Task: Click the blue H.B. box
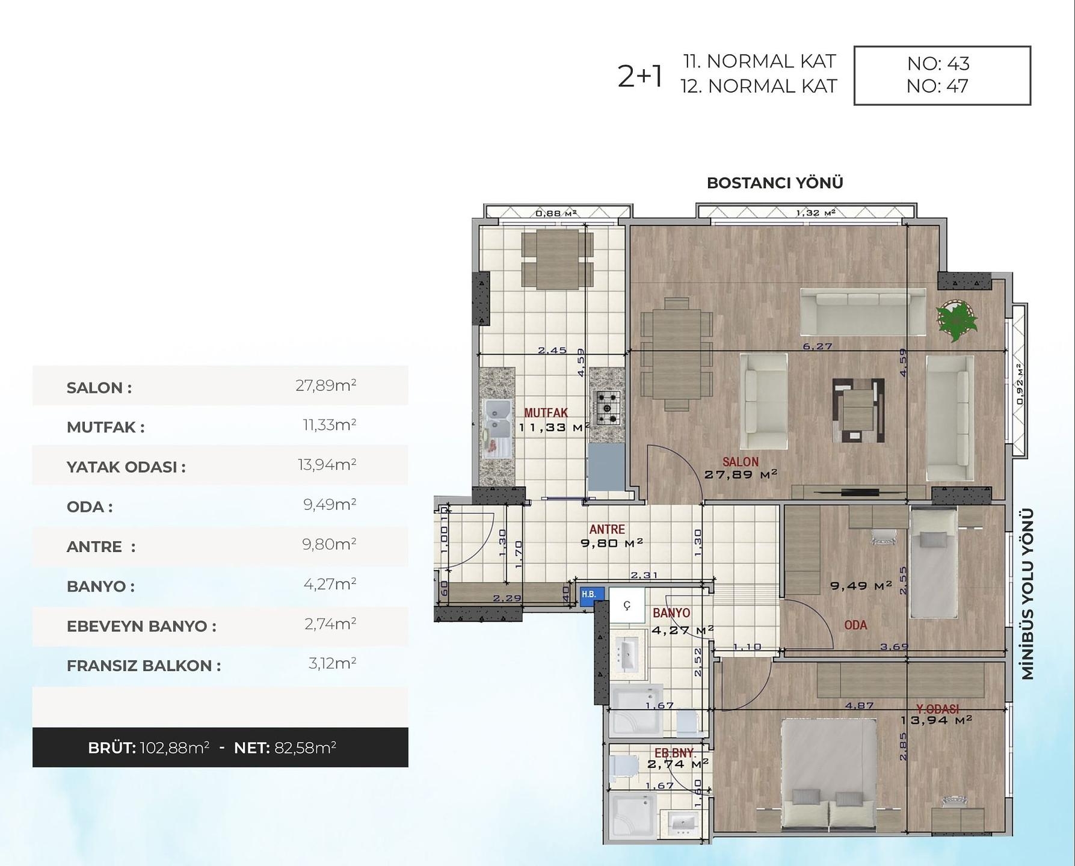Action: (x=588, y=594)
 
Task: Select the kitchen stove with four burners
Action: (x=607, y=407)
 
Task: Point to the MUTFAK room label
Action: (x=546, y=413)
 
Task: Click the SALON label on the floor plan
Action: (x=740, y=462)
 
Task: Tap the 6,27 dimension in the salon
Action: (x=817, y=346)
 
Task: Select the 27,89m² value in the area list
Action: (x=325, y=385)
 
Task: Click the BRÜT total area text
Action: (x=149, y=748)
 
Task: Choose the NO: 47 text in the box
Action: (x=937, y=87)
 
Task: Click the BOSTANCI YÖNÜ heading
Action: (x=775, y=183)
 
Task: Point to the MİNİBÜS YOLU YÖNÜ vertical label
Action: (x=1027, y=594)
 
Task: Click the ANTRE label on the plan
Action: (x=606, y=529)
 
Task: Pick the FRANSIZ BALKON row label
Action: (x=144, y=666)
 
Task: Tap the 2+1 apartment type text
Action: (x=640, y=76)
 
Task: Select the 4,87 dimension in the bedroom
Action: (x=859, y=705)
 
